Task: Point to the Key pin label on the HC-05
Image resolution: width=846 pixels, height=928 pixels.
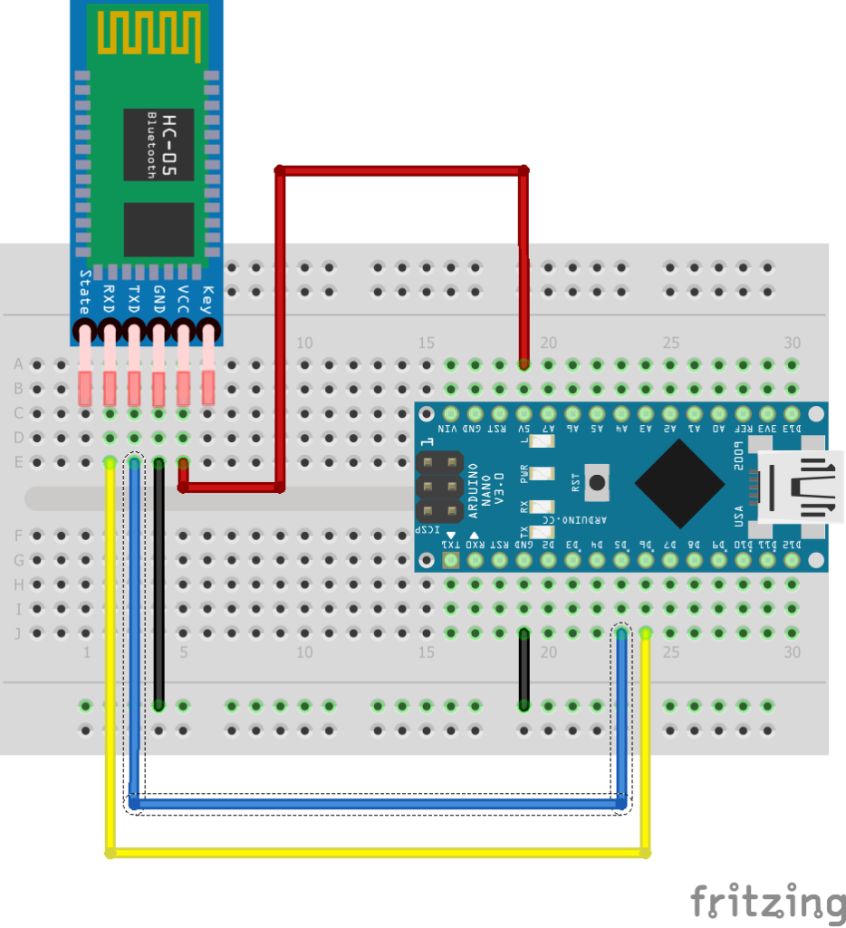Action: tap(207, 298)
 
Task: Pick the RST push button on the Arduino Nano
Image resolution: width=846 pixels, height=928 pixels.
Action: tap(596, 482)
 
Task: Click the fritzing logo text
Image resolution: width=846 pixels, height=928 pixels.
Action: tap(766, 902)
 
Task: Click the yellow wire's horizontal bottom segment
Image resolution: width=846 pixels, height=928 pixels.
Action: tap(377, 852)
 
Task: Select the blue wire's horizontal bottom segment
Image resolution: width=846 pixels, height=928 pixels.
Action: tap(377, 803)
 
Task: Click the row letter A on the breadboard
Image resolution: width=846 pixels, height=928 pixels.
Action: tap(18, 364)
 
